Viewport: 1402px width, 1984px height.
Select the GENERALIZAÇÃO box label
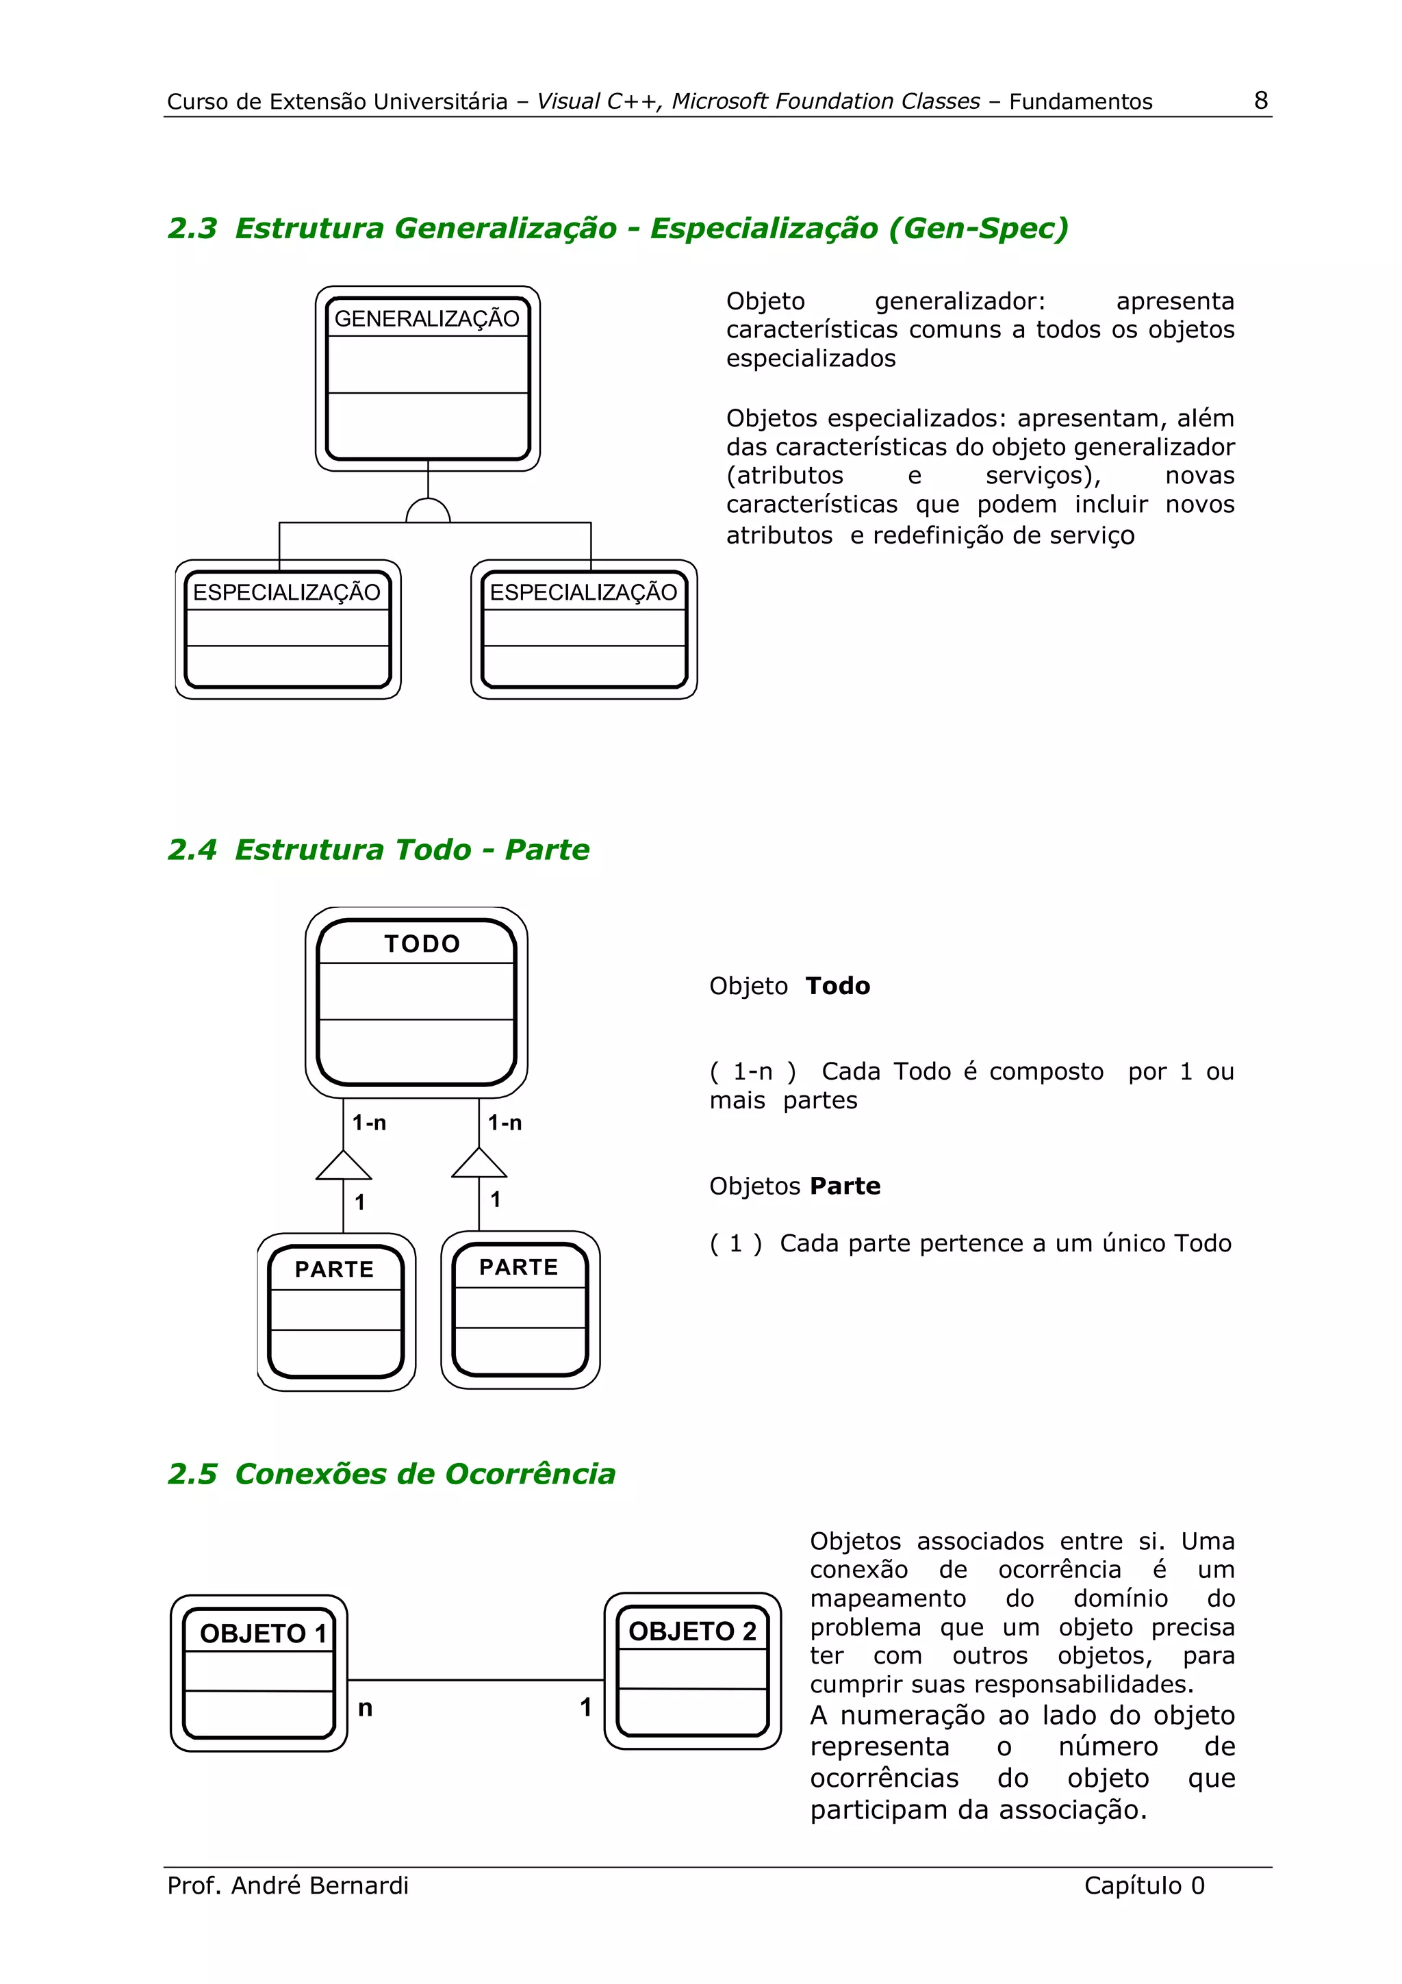[426, 319]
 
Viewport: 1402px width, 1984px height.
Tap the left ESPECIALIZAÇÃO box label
[286, 592]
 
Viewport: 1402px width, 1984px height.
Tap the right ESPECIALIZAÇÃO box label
[583, 592]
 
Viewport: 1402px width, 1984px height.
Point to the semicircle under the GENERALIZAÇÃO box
[428, 512]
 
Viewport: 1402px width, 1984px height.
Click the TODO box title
[422, 943]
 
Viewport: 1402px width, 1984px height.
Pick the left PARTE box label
[334, 1269]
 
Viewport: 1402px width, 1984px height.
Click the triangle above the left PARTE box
[344, 1167]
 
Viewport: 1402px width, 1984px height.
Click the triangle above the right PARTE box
[479, 1164]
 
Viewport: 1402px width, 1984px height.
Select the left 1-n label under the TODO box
[369, 1123]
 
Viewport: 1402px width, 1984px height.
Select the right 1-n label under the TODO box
[505, 1123]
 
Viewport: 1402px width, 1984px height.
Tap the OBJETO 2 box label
[692, 1631]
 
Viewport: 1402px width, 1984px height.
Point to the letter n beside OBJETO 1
[366, 1707]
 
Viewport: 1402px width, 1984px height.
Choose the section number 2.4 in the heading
[192, 850]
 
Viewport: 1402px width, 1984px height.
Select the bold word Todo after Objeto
[837, 985]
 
